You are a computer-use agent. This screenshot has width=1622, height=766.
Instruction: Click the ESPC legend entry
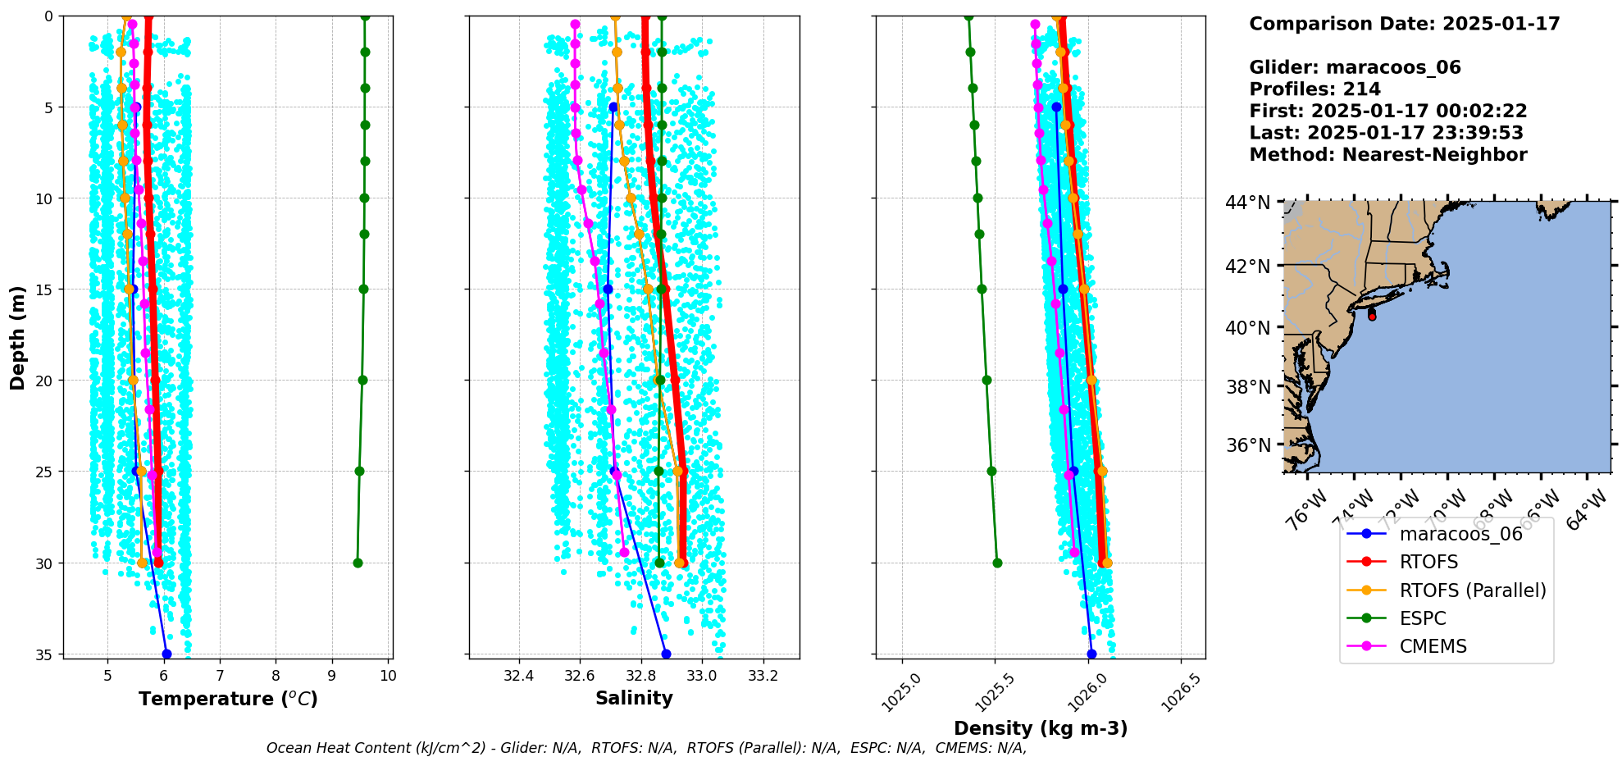1422,618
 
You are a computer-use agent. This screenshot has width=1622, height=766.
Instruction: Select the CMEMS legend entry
1433,646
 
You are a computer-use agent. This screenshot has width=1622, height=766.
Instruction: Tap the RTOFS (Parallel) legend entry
1472,590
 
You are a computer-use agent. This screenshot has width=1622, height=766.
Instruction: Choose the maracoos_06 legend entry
1460,534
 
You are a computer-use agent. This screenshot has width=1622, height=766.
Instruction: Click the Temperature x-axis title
228,699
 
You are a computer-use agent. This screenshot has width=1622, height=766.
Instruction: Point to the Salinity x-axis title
634,699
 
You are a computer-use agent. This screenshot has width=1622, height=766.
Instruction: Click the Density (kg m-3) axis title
1041,728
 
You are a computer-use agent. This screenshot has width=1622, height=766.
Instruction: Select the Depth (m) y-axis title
18,337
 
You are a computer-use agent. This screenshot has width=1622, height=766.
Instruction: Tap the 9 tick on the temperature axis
332,676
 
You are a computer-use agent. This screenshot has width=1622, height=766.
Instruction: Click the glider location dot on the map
1372,316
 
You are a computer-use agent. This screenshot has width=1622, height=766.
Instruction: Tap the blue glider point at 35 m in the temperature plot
166,654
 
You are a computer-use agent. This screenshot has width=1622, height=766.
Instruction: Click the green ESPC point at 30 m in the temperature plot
358,563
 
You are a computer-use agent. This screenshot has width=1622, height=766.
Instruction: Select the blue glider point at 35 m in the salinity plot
666,654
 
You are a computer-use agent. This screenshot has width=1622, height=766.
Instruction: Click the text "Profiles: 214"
1314,89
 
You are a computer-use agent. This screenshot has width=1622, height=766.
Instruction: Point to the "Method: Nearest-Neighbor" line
1387,155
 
